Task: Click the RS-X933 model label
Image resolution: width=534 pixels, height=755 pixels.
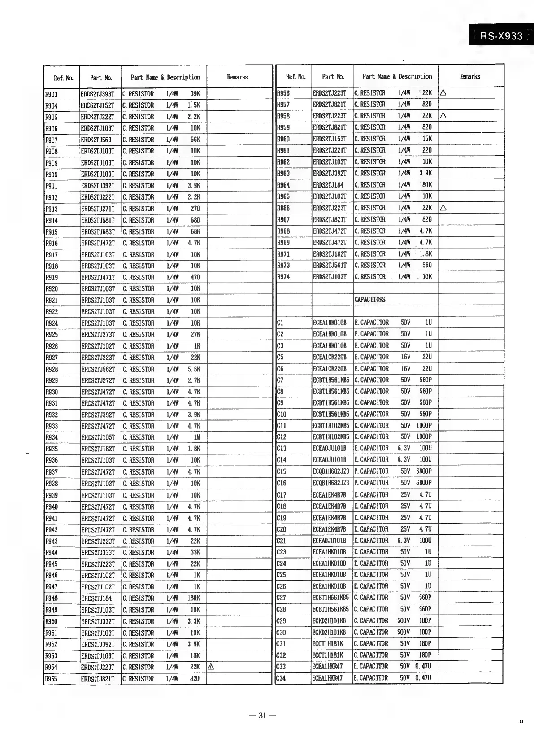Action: (x=501, y=36)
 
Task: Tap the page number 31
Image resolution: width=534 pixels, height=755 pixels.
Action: (x=262, y=716)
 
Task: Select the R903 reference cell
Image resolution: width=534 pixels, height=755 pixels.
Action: (x=52, y=94)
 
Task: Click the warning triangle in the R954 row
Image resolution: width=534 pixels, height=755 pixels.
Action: (x=211, y=667)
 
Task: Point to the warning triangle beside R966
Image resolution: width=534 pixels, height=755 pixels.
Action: (x=443, y=208)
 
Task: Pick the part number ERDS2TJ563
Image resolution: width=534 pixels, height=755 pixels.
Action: (x=96, y=140)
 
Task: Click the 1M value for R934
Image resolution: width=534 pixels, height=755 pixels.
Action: (x=196, y=437)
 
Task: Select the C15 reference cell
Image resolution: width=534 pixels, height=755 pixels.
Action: (x=282, y=471)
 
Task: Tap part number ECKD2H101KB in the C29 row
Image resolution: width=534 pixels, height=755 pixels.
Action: (x=329, y=621)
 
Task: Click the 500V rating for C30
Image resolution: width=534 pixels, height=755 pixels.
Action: (x=404, y=632)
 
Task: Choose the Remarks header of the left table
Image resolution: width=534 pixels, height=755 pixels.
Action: (x=238, y=77)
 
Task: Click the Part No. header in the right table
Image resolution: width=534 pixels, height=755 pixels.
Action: (x=333, y=77)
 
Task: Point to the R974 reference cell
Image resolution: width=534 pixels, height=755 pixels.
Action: (x=283, y=277)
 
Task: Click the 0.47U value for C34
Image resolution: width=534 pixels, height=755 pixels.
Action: (x=423, y=678)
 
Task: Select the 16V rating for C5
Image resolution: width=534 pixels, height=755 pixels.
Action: (x=405, y=357)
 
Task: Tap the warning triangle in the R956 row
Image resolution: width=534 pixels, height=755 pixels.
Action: (x=443, y=93)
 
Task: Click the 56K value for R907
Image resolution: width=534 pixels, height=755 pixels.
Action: (x=195, y=140)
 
